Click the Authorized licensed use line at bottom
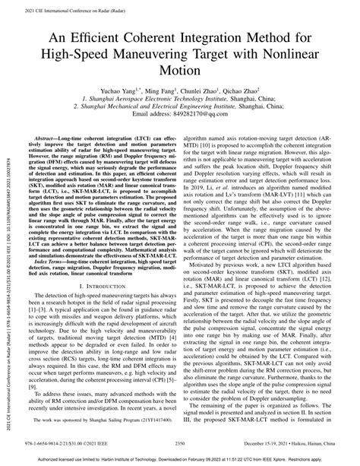(x=179, y=459)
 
